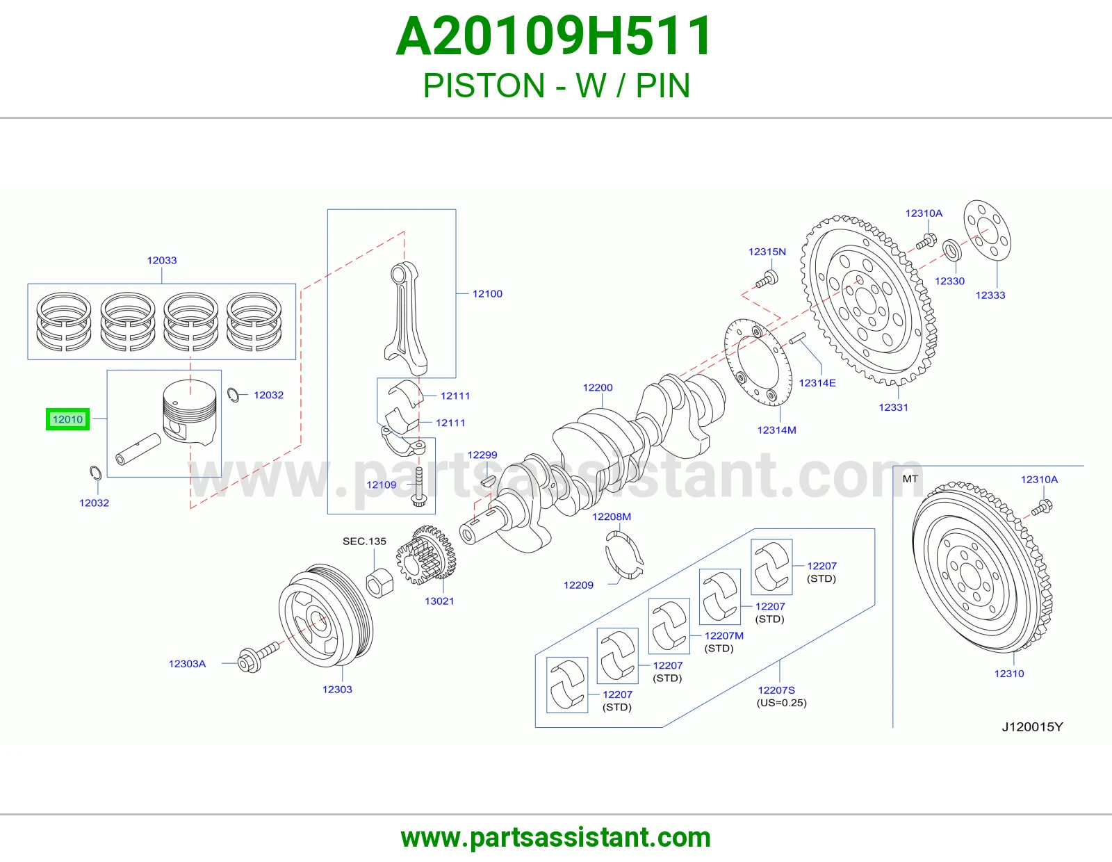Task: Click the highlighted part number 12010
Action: pos(67,419)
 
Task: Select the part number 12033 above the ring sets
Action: pos(162,260)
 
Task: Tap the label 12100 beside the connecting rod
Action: pos(487,294)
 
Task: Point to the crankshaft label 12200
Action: pos(597,387)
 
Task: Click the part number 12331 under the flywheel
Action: pos(893,407)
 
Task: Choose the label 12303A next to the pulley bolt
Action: pos(187,664)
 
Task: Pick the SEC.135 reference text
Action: pos(364,541)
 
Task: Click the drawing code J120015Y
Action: pos(1032,727)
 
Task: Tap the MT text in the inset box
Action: pos(910,478)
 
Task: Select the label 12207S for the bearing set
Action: pos(776,690)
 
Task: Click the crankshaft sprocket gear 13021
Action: pos(426,555)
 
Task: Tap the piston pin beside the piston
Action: pos(138,450)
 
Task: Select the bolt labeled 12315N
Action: pos(767,279)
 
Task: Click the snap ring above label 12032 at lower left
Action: pos(95,473)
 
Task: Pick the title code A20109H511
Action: pos(554,36)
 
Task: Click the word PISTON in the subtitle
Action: pos(484,86)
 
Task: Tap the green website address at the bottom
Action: pos(556,838)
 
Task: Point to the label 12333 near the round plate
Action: pos(990,295)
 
